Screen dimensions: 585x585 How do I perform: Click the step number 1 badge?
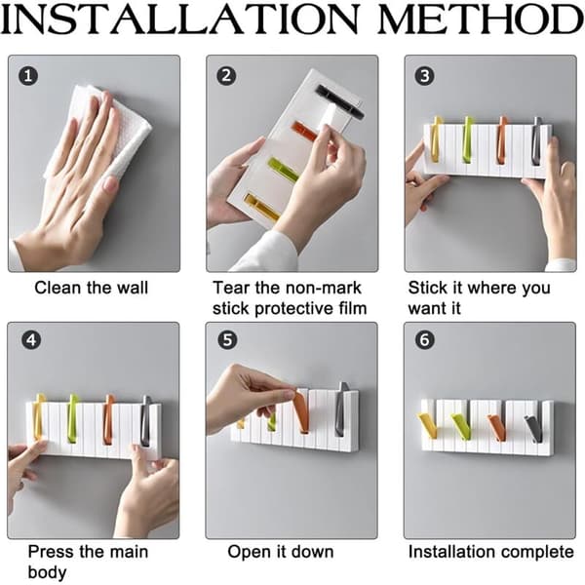click(x=28, y=76)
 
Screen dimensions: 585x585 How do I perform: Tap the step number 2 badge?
click(x=226, y=76)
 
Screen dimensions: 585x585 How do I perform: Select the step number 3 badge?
click(x=424, y=76)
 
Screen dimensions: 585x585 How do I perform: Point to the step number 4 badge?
click(x=31, y=340)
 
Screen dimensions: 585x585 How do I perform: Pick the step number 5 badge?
click(x=227, y=340)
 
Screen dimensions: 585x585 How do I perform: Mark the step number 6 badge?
click(x=425, y=340)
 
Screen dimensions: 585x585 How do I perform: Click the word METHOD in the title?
click(x=482, y=19)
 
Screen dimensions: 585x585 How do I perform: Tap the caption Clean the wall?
click(x=92, y=288)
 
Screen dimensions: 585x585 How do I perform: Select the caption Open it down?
click(x=281, y=552)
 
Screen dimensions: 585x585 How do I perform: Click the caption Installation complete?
click(x=491, y=552)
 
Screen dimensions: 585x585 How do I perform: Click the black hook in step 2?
click(x=339, y=100)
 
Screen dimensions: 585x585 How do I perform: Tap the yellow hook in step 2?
click(x=262, y=208)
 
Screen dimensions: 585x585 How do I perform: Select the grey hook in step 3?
click(x=536, y=140)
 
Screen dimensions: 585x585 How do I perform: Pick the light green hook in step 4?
click(x=73, y=418)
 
